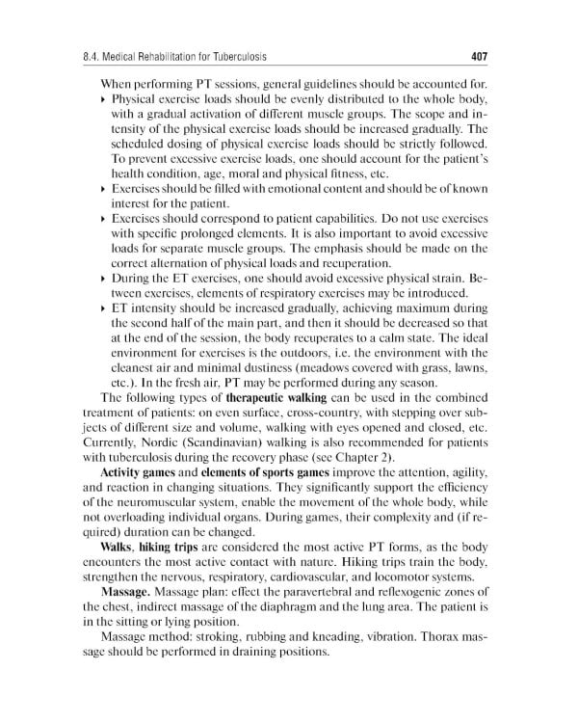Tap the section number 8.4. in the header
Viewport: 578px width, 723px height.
coord(97,55)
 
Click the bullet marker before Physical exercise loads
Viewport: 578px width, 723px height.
coord(104,100)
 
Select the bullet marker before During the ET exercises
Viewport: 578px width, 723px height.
coord(104,279)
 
